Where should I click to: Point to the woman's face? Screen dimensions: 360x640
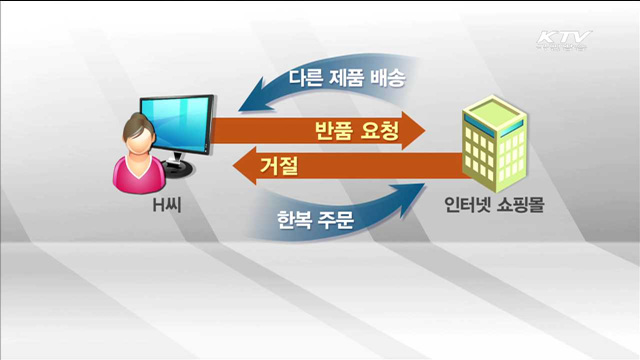[137, 139]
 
